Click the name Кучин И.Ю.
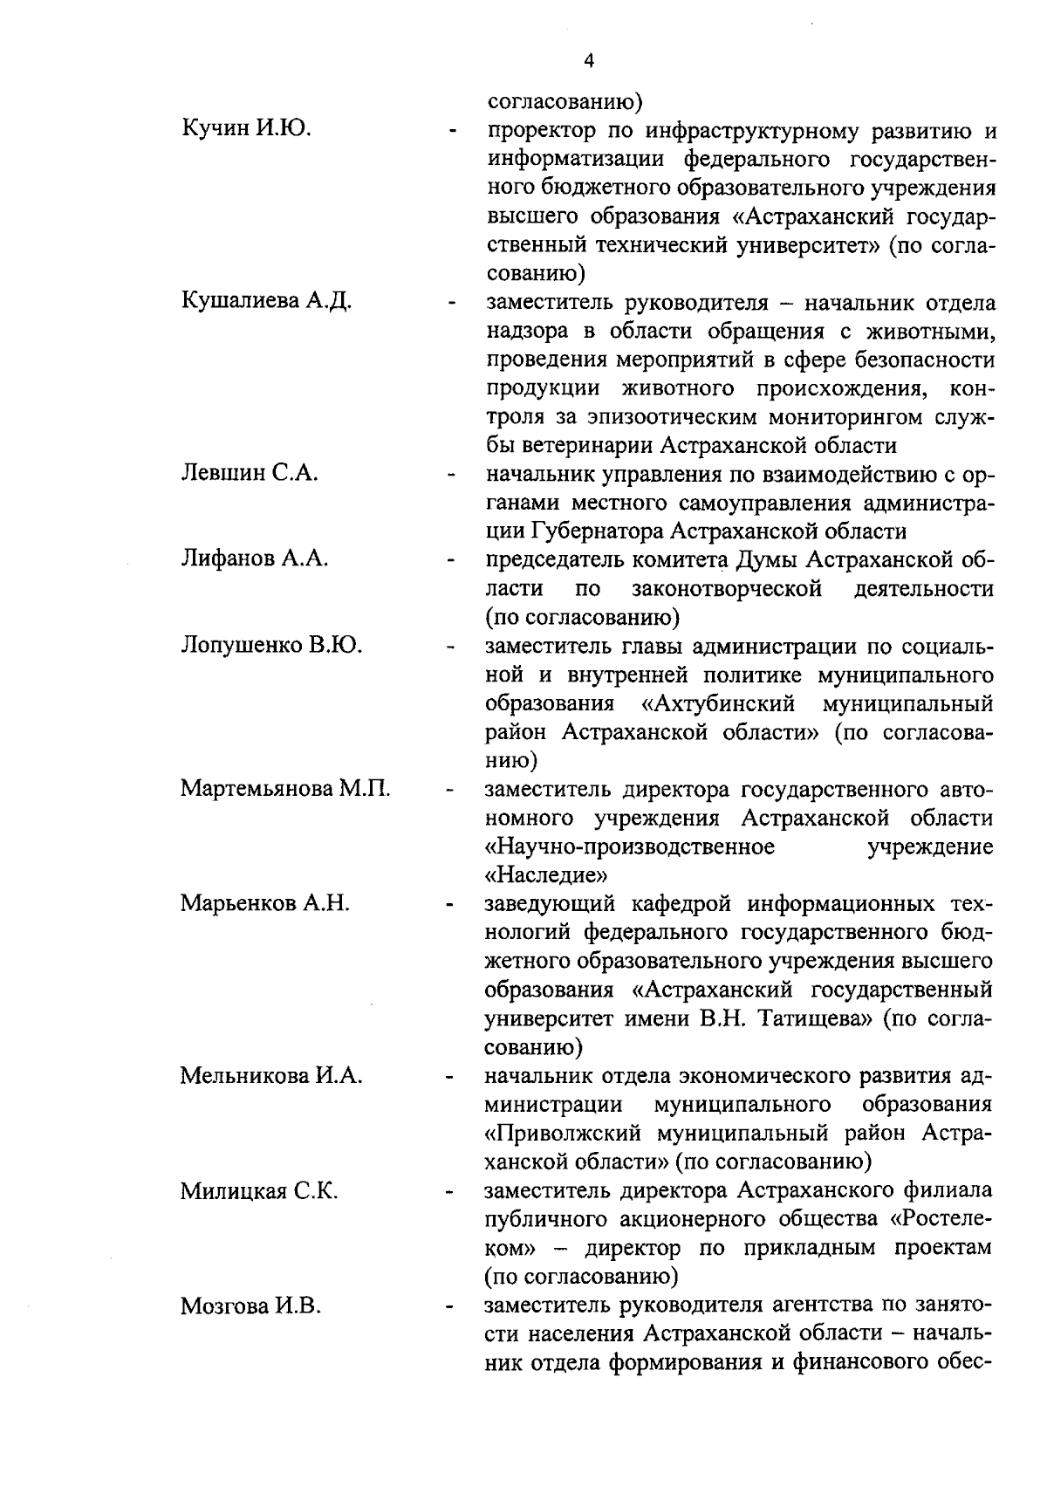point(247,129)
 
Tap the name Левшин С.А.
point(249,473)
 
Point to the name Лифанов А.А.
point(254,559)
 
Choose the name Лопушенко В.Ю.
point(271,645)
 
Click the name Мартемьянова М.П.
point(285,789)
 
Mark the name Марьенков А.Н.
point(265,903)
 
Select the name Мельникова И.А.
point(271,1075)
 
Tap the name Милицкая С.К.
point(259,1191)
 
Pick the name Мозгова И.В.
point(251,1306)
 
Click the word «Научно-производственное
point(630,847)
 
